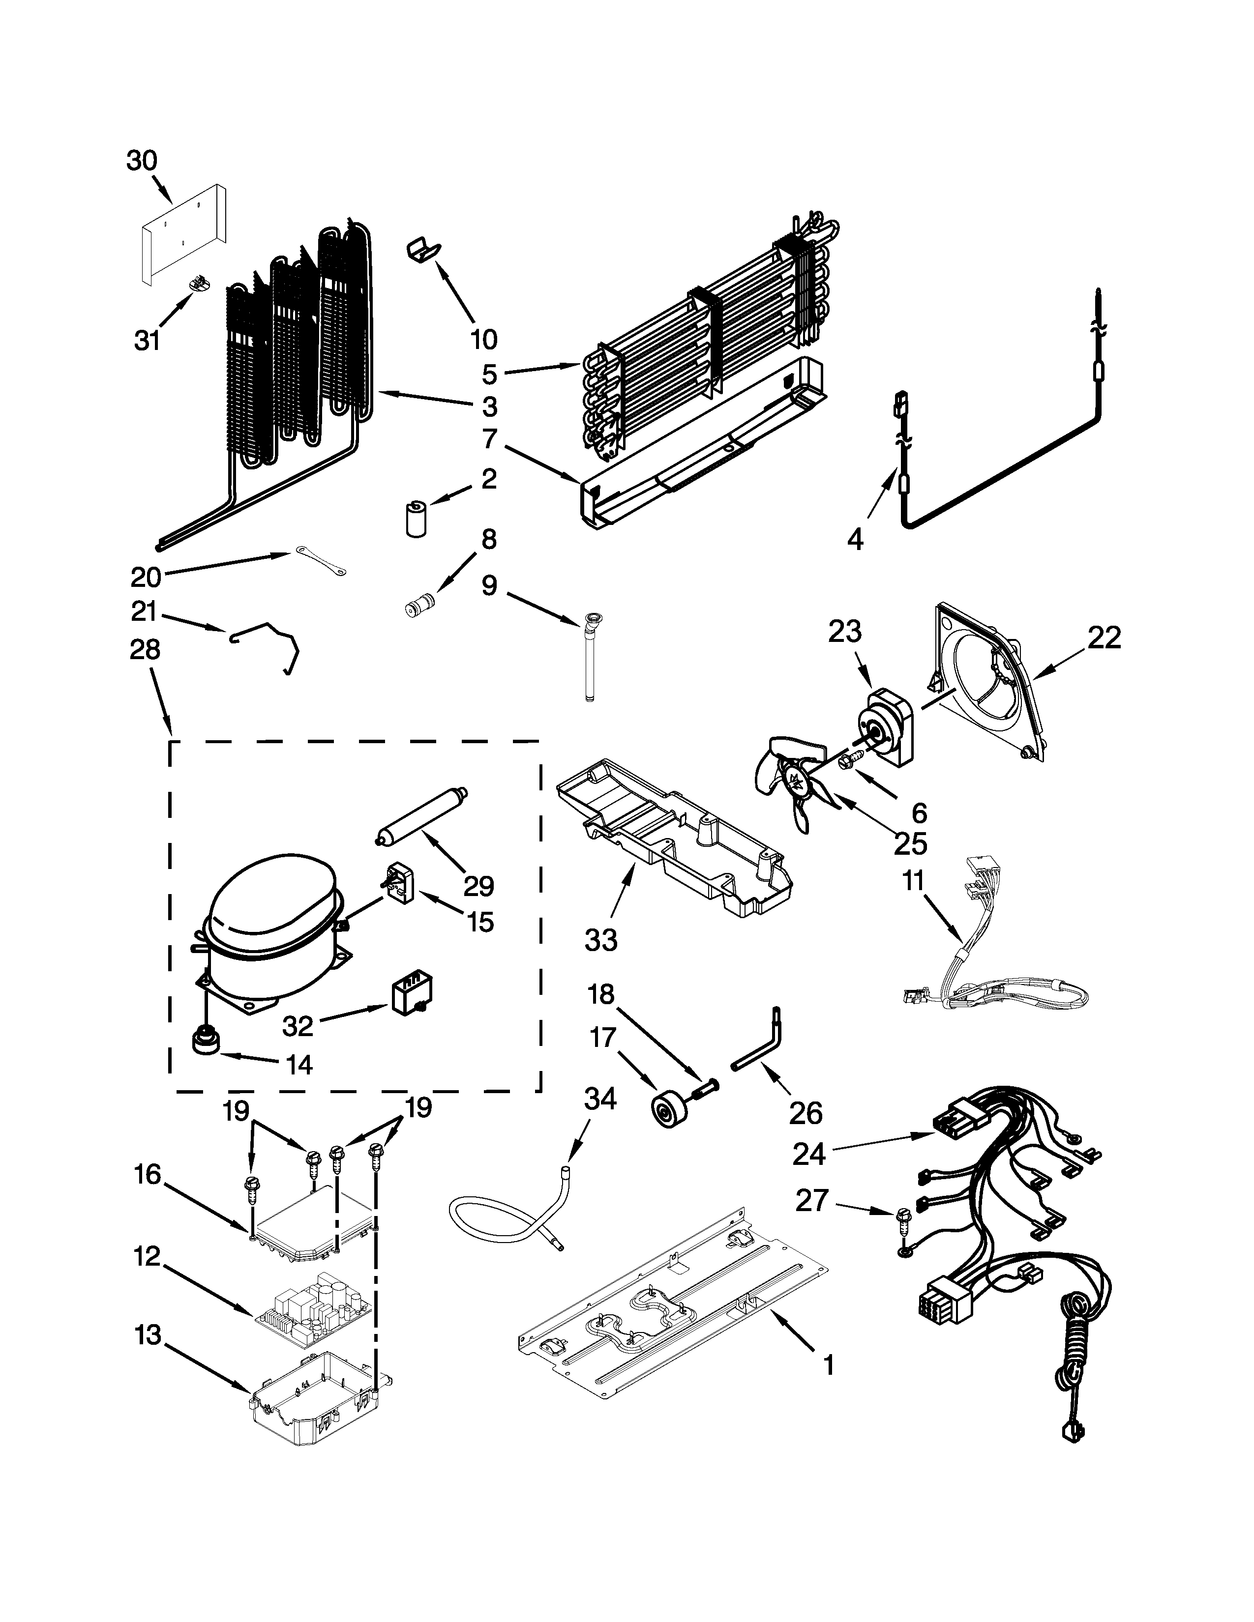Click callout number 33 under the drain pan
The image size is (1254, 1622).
pyautogui.click(x=600, y=940)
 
